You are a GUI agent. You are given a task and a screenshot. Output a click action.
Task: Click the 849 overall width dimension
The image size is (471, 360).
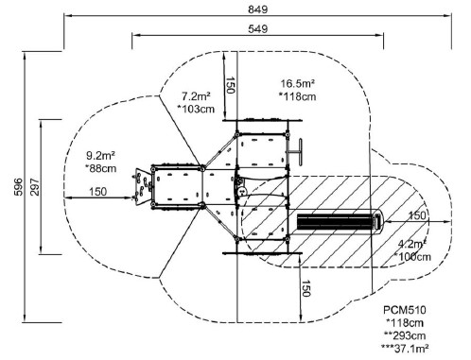257,9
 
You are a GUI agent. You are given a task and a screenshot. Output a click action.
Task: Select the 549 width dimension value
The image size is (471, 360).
257,29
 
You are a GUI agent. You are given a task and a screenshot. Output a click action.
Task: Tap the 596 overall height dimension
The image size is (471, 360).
19,187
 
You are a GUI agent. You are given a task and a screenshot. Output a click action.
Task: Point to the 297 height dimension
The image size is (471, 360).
35,187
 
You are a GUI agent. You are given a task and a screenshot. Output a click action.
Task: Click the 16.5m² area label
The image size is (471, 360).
297,83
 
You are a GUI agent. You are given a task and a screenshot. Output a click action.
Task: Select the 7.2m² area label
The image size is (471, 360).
196,95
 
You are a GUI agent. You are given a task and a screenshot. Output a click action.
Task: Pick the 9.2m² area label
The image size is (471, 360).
100,155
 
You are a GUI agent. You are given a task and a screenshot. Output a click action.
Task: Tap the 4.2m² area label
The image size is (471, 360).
412,244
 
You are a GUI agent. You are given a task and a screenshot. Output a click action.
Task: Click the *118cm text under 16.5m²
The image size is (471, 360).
297,96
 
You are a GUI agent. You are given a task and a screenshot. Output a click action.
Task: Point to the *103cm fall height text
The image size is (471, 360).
196,109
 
